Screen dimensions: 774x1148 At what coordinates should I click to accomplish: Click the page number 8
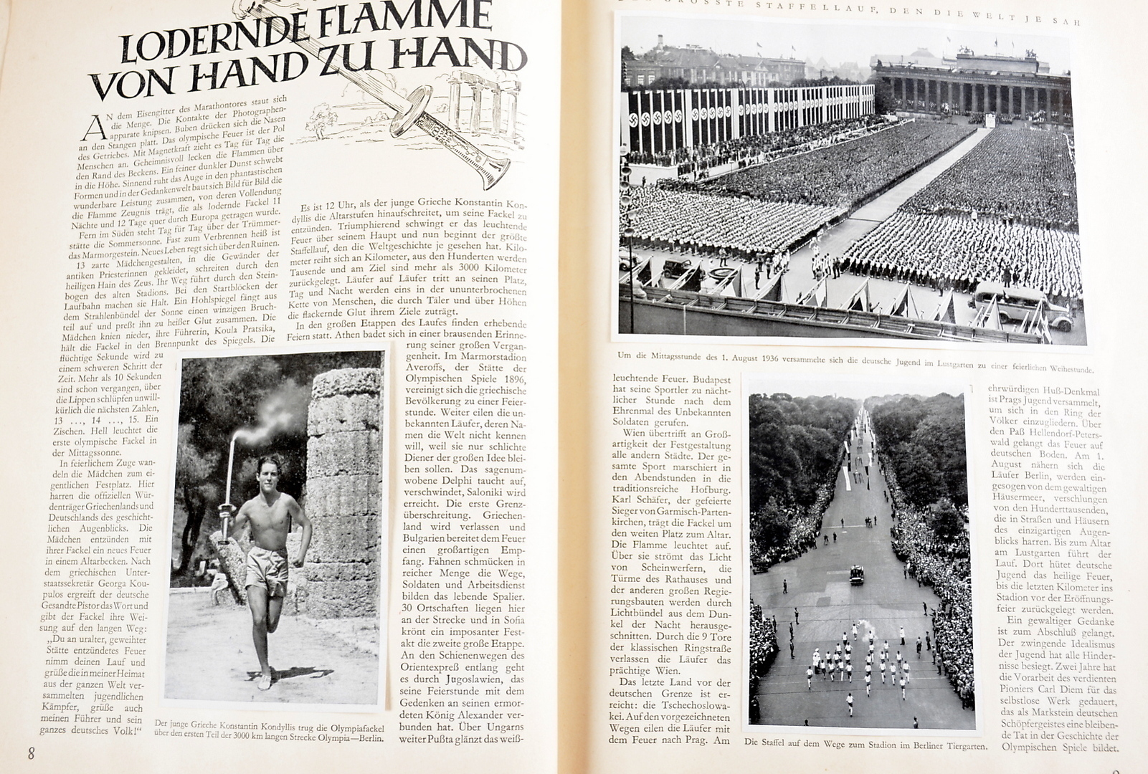pyautogui.click(x=31, y=753)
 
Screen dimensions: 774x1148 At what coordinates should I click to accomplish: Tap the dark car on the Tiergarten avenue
pyautogui.click(x=856, y=575)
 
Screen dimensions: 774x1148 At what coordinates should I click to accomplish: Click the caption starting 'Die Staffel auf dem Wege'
pyautogui.click(x=865, y=745)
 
